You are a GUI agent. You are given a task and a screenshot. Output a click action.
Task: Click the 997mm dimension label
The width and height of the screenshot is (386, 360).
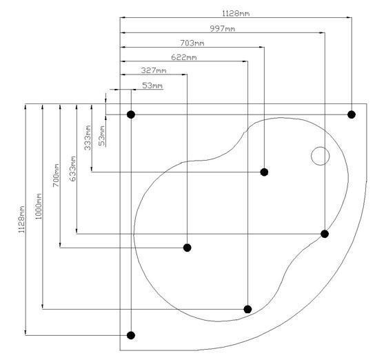222,28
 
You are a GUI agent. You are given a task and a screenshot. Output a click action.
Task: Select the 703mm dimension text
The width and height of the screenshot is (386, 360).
192,43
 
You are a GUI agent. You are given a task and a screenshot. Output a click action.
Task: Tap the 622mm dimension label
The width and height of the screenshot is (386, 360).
183,57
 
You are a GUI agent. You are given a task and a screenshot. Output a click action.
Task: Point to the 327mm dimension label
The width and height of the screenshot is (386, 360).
154,70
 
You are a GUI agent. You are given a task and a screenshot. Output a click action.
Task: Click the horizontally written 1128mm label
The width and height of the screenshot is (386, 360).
236,13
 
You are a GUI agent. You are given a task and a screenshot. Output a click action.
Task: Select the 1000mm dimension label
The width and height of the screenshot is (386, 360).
38,206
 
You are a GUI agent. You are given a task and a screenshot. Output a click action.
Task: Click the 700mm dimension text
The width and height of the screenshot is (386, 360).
56,175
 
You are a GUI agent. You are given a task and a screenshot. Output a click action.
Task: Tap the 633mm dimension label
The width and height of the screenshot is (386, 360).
73,169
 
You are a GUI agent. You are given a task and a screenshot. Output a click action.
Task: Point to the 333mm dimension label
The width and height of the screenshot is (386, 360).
88,138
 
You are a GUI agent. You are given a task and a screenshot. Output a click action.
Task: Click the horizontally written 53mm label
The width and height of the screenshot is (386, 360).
152,86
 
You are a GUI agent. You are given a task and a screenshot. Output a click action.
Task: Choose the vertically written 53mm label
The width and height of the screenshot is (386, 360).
102,136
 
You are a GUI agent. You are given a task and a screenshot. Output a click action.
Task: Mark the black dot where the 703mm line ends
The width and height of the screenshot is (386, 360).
264,172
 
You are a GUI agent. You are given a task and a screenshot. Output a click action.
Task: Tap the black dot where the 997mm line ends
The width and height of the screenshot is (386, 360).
325,234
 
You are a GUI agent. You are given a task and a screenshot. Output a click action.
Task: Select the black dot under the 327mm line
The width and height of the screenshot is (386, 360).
187,248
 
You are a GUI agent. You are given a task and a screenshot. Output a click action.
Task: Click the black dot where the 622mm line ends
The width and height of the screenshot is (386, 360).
247,309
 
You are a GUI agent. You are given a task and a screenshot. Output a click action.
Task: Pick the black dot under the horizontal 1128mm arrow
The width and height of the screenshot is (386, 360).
352,114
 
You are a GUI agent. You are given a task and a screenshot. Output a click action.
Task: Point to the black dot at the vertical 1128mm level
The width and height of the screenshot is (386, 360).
131,335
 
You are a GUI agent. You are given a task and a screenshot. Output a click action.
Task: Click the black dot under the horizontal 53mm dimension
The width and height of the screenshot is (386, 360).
131,114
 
